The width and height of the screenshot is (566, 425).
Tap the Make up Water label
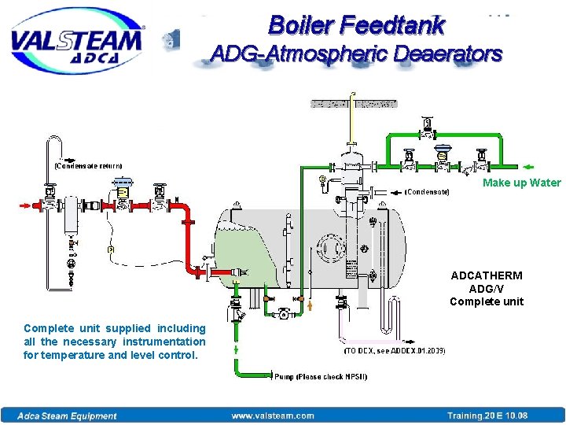pos(521,183)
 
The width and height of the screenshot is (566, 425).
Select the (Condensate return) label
pos(87,166)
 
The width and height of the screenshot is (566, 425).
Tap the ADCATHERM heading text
pos(486,276)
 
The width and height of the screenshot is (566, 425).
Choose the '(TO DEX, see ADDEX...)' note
pos(395,350)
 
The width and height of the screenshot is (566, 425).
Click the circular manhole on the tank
pos(333,248)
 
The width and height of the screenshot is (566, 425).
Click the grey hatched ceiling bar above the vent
pos(354,103)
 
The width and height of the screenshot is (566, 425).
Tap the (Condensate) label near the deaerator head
pos(427,191)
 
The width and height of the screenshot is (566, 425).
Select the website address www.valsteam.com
pos(273,416)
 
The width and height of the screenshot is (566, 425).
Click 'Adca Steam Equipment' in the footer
pos(69,416)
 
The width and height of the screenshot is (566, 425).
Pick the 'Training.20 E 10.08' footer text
pos(487,416)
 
